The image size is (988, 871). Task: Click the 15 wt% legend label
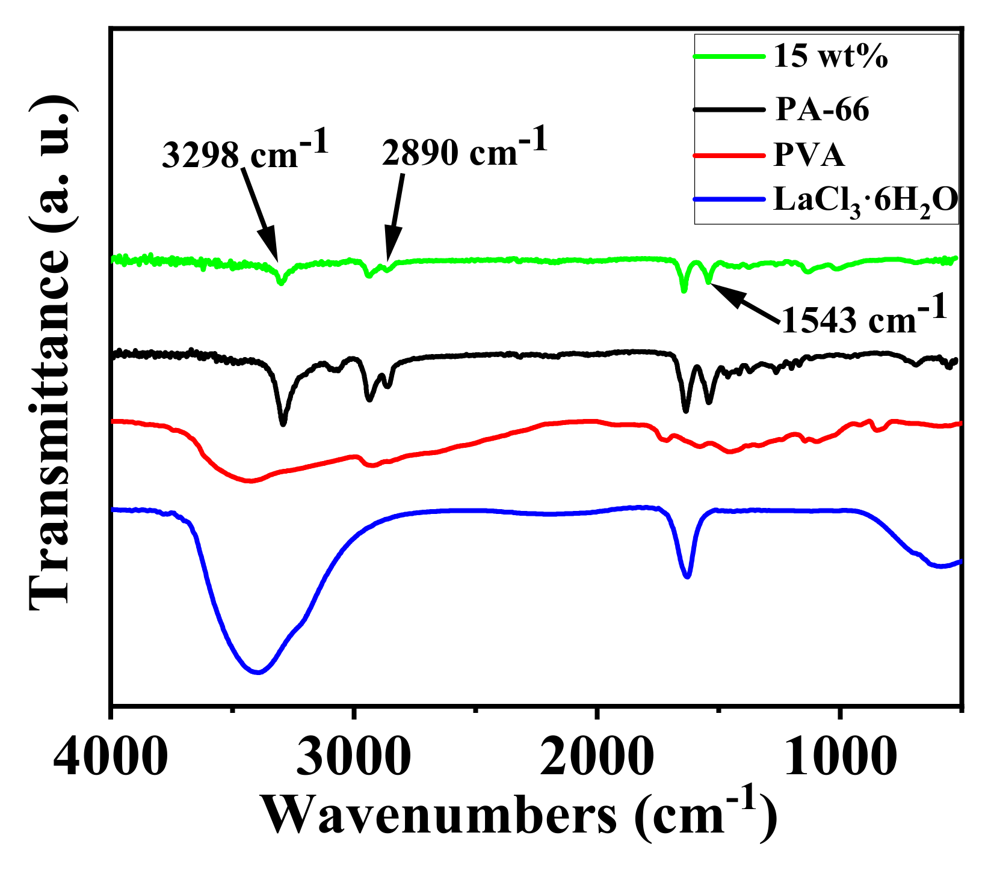[831, 58]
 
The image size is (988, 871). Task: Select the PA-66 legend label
[822, 110]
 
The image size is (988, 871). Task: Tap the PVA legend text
[809, 155]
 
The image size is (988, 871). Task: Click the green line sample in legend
[729, 57]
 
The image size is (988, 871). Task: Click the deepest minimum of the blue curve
[258, 671]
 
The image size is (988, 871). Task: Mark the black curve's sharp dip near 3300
[283, 423]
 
